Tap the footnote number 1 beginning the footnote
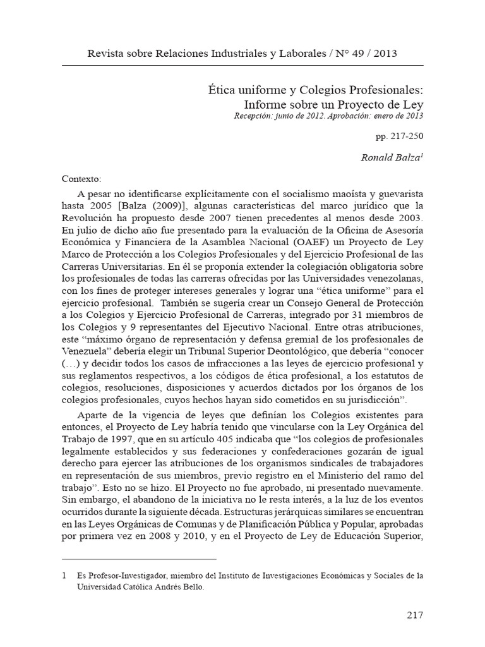pyautogui.click(x=63, y=576)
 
